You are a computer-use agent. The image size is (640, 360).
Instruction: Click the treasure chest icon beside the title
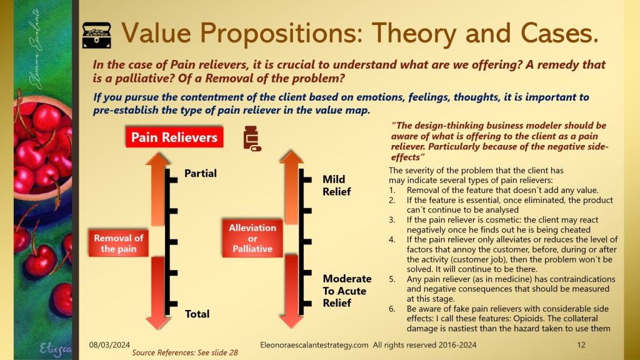tap(96, 36)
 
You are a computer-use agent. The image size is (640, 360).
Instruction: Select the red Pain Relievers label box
tap(174, 137)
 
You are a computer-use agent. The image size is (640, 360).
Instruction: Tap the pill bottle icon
tap(252, 138)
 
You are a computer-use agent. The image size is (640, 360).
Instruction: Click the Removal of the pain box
tap(119, 243)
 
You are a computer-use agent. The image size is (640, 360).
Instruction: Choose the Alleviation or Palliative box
tap(252, 238)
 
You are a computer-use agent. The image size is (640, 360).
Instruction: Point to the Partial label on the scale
tap(201, 174)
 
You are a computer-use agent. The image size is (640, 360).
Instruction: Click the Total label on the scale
tap(197, 314)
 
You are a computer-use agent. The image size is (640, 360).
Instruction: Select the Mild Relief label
tap(337, 185)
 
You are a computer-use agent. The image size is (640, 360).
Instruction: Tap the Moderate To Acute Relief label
tap(347, 291)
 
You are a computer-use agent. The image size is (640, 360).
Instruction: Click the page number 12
tap(581, 345)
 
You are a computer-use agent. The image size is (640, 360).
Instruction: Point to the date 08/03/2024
tap(109, 345)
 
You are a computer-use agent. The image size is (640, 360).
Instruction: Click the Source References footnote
tap(185, 352)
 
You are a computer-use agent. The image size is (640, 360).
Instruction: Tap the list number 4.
tap(392, 239)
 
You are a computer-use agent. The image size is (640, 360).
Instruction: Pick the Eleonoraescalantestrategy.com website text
tap(314, 345)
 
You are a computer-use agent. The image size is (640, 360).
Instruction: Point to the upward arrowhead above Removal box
tap(157, 158)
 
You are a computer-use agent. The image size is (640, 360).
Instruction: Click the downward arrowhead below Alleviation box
tap(291, 322)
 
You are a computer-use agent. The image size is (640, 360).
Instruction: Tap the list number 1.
tap(392, 190)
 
